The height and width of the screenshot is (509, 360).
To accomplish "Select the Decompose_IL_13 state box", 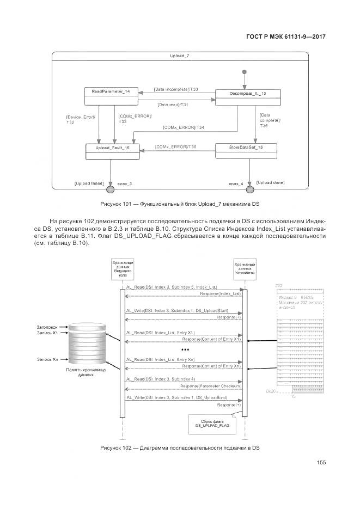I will point(248,97).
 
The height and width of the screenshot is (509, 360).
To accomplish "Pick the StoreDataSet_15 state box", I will point(246,151).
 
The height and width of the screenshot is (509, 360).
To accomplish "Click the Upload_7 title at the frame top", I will point(179,56).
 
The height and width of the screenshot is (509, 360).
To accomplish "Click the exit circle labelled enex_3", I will point(110,189).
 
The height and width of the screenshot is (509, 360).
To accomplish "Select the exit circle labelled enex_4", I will point(250,189).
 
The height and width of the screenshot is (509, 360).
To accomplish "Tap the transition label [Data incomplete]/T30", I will point(175,89).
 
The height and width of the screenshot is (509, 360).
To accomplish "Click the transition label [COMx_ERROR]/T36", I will point(175,147).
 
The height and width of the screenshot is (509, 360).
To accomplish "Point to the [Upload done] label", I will point(270,182).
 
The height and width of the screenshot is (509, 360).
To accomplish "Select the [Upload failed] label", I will point(89,184).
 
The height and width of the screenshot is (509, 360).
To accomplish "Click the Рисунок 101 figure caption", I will point(179,204).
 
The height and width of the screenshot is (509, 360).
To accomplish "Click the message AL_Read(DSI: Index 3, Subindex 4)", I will point(161,378).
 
